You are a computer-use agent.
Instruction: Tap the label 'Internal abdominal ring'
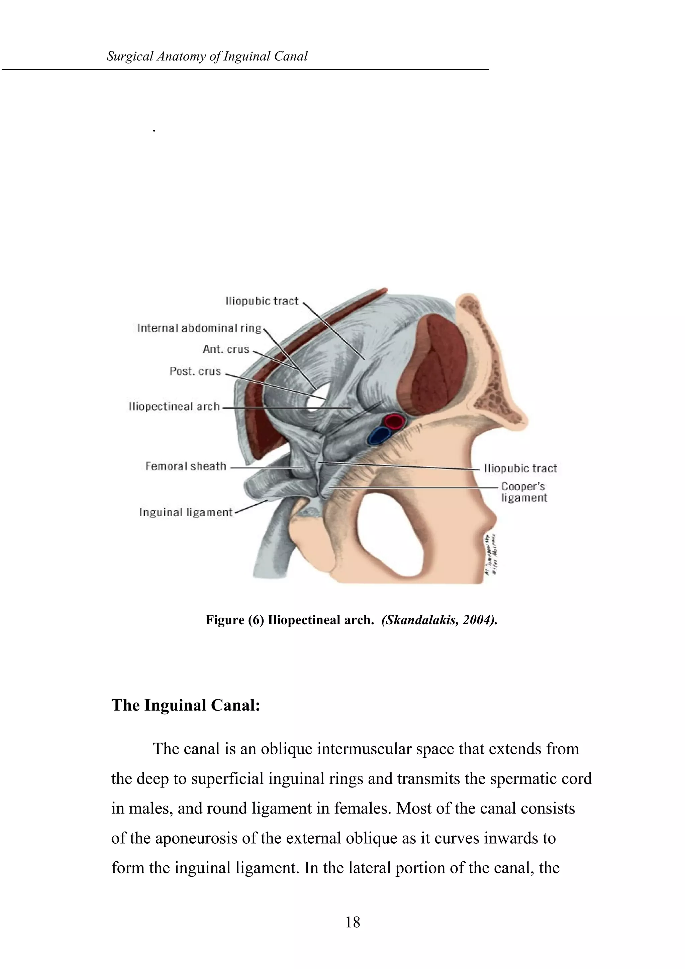(x=199, y=328)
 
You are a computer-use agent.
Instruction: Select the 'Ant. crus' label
(x=226, y=349)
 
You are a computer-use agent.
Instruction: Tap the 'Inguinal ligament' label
(x=186, y=512)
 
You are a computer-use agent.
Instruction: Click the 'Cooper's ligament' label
(x=523, y=492)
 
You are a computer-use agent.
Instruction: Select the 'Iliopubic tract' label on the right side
(x=520, y=468)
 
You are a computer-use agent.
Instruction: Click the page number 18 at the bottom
(x=353, y=922)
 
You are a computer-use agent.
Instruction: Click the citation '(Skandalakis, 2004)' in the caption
(x=439, y=620)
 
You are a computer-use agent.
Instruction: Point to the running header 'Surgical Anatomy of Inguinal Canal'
(x=207, y=56)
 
